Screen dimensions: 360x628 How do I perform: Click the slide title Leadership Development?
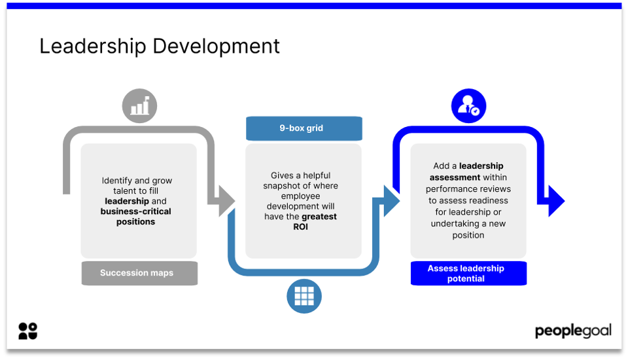[160, 46]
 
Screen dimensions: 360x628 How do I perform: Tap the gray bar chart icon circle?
[139, 106]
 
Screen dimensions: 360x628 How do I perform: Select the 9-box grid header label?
[304, 128]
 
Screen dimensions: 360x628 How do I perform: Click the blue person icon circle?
[468, 106]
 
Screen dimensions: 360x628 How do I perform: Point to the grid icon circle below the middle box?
[304, 295]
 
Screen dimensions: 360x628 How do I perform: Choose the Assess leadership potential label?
[468, 274]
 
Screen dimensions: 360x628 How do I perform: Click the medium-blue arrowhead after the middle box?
[391, 201]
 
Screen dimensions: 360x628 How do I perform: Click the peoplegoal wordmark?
[573, 331]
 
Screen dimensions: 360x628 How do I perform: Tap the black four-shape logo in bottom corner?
[27, 331]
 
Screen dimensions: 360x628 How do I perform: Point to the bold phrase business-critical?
[136, 211]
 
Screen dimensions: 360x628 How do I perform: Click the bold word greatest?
[319, 217]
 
